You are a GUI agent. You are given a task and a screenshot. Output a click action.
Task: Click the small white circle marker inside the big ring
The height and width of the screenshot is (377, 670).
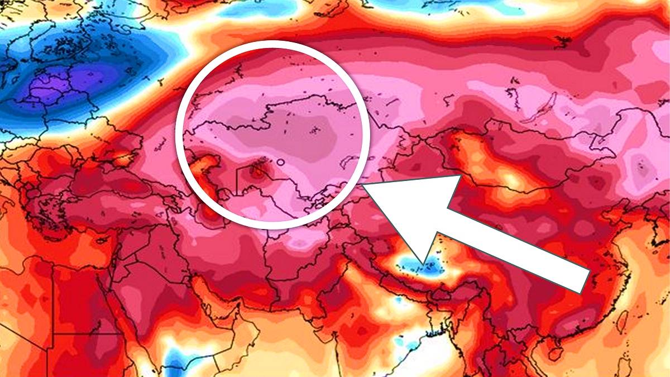tap(280, 162)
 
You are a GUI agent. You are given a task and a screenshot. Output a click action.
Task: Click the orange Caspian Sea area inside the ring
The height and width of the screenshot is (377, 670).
tap(204, 168)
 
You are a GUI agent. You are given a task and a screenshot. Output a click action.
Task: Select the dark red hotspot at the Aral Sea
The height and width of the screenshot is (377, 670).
tap(257, 170)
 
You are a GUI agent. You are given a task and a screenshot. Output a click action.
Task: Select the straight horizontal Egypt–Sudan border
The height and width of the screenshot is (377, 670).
tap(84, 335)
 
